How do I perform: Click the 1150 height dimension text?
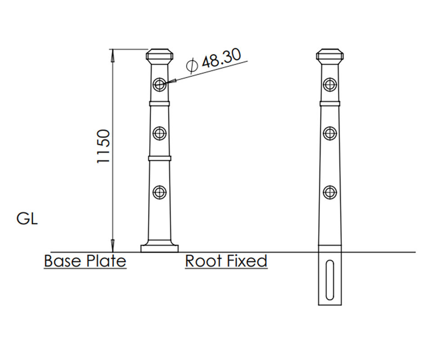pyautogui.click(x=104, y=147)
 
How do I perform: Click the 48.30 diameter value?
pyautogui.click(x=221, y=58)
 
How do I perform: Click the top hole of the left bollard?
pyautogui.click(x=159, y=84)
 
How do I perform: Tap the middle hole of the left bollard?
pyautogui.click(x=159, y=133)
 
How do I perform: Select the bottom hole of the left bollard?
pyautogui.click(x=159, y=192)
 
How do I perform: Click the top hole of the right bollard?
pyautogui.click(x=330, y=84)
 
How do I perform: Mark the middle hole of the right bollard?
pyautogui.click(x=330, y=133)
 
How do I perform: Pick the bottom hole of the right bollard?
pyautogui.click(x=330, y=192)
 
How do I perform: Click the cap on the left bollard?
pyautogui.click(x=159, y=56)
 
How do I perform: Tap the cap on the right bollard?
pyautogui.click(x=330, y=56)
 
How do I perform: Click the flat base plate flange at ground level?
pyautogui.click(x=159, y=248)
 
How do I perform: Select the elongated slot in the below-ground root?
pyautogui.click(x=330, y=280)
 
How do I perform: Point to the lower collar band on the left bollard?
pyautogui.click(x=159, y=158)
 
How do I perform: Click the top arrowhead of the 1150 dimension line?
pyautogui.click(x=113, y=53)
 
